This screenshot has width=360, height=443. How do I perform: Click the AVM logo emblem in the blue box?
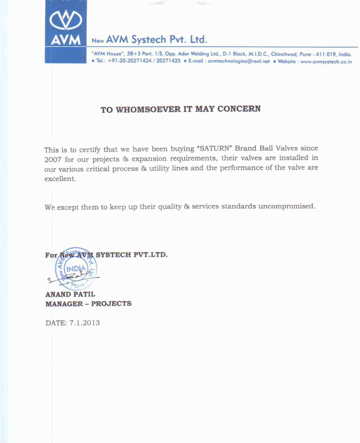tap(66, 20)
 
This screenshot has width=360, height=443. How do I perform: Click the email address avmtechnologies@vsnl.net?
tap(239, 61)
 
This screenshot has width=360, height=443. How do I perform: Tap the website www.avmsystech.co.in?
tap(326, 62)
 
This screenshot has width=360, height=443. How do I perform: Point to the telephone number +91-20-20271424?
tap(130, 61)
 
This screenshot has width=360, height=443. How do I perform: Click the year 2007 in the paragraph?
tap(53, 160)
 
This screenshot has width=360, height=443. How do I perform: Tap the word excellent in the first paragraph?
tap(60, 179)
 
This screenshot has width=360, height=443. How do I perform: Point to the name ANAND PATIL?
tap(70, 294)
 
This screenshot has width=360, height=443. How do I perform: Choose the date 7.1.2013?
tap(84, 323)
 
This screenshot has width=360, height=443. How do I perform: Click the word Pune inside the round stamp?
tap(78, 285)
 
